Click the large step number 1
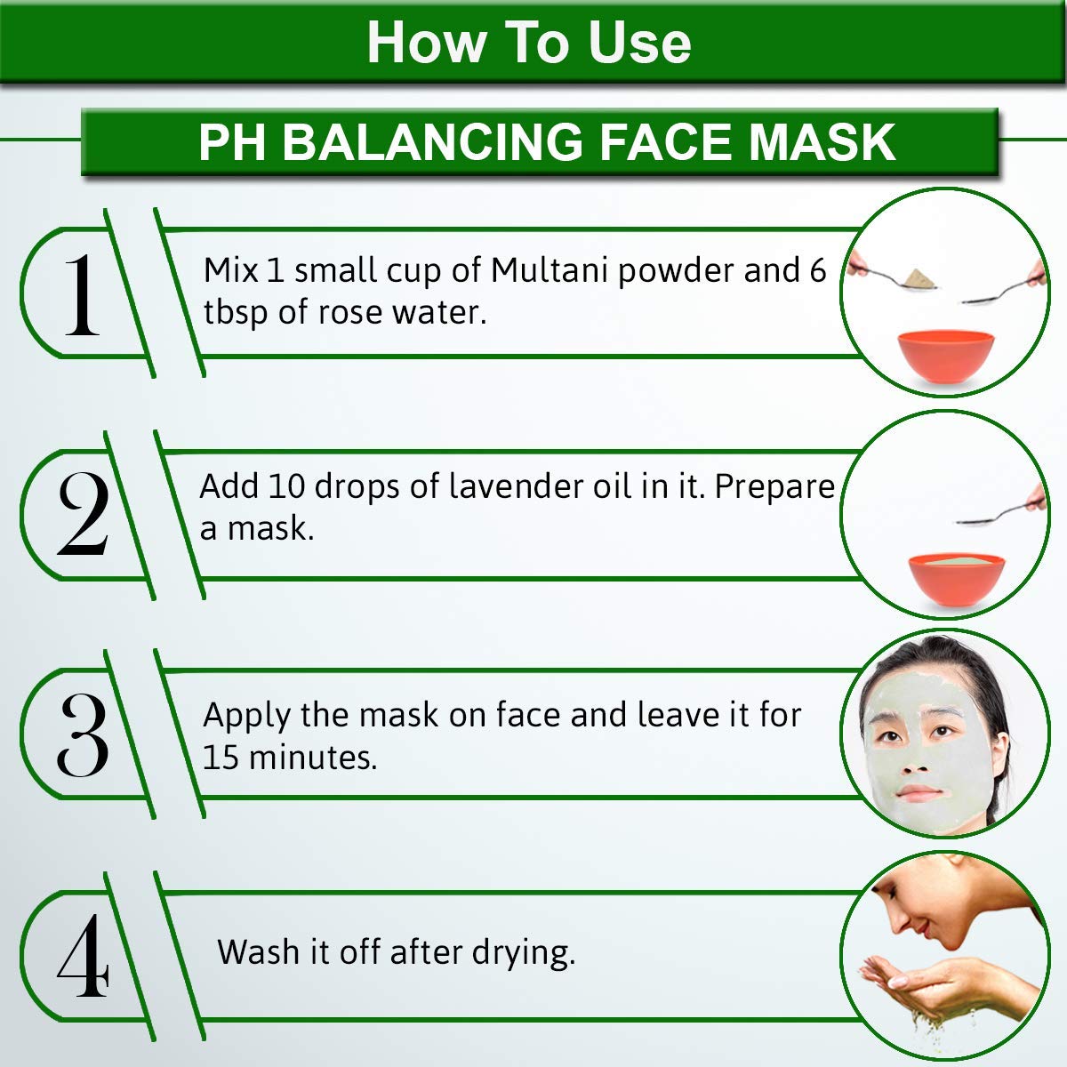[x=83, y=295]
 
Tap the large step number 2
[x=83, y=514]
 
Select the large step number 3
[x=83, y=734]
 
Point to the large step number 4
[x=83, y=956]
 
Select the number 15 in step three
[x=221, y=757]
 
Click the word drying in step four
[x=523, y=953]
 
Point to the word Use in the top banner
[x=639, y=43]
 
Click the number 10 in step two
[x=286, y=486]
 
